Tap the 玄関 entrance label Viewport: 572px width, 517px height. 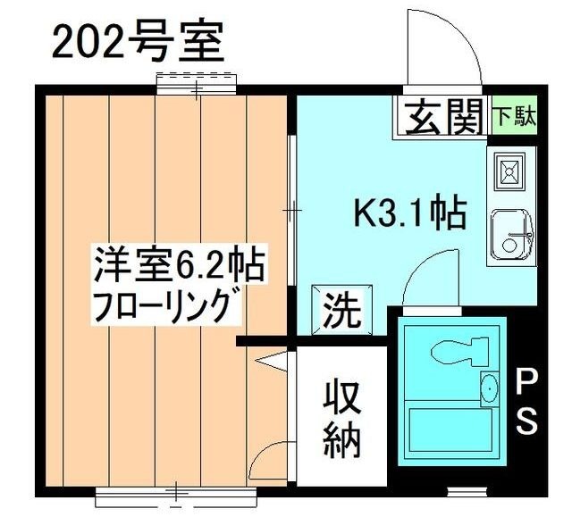click(x=442, y=117)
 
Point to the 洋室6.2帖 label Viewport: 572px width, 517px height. click(x=180, y=265)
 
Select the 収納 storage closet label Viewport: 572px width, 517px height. click(x=341, y=417)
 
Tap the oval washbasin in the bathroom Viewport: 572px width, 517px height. click(x=490, y=388)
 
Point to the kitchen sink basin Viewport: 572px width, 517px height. click(x=510, y=233)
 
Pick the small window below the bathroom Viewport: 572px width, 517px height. click(x=463, y=490)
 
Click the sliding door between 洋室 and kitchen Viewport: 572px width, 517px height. click(x=291, y=210)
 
